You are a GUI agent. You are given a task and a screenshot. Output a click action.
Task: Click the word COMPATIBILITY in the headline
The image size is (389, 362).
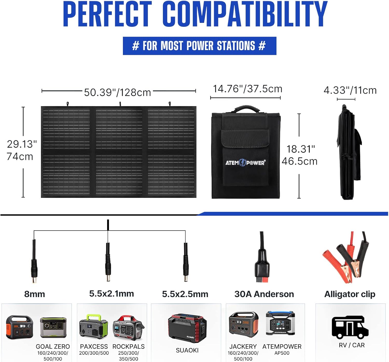[245, 14]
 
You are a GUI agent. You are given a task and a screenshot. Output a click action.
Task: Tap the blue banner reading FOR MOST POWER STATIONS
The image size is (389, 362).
[200, 46]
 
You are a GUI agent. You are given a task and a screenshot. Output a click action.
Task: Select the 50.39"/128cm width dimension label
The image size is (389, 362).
[117, 92]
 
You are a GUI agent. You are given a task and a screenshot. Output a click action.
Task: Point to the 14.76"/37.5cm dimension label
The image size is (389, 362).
[248, 89]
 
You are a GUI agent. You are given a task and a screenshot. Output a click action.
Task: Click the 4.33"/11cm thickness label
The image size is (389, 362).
[350, 90]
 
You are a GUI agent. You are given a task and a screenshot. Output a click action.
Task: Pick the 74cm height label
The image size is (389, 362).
[20, 157]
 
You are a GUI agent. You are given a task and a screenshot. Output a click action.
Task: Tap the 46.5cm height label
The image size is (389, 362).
[300, 161]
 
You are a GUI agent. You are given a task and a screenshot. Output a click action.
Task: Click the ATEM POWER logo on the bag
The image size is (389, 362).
[245, 163]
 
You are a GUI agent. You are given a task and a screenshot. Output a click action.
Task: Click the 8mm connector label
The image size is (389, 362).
[35, 294]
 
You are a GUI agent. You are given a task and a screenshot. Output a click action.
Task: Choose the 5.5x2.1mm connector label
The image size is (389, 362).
[112, 294]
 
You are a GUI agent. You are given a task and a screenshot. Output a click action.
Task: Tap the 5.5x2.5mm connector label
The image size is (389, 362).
[185, 294]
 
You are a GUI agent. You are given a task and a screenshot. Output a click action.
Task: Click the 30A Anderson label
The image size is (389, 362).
[264, 294]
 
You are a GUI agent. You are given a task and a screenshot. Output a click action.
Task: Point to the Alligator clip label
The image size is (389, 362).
[350, 294]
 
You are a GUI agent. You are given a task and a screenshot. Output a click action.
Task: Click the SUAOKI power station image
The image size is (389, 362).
[187, 328]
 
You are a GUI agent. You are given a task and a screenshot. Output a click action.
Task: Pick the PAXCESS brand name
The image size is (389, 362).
[94, 346]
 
